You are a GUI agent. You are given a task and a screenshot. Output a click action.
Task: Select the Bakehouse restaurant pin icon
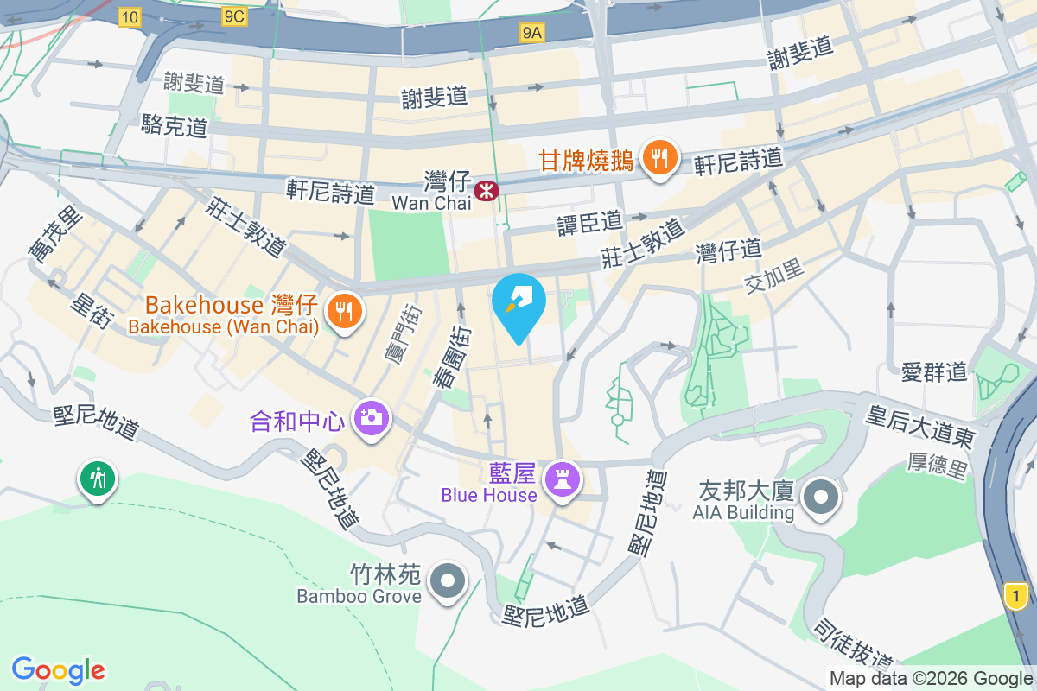(345, 311)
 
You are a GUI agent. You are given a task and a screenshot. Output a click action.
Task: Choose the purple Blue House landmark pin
(563, 480)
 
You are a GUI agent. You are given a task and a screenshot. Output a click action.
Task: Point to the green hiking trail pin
(98, 478)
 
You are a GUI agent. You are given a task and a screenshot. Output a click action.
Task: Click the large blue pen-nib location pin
(518, 304)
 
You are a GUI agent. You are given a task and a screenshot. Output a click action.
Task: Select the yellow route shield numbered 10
(130, 16)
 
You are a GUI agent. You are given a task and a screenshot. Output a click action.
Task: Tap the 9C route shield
(233, 16)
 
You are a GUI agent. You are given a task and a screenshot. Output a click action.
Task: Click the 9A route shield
(532, 33)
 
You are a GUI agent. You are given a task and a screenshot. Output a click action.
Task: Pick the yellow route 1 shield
(1018, 595)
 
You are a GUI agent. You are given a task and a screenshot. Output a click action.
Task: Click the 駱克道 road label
(175, 124)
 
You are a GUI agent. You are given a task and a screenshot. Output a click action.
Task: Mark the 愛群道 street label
(933, 372)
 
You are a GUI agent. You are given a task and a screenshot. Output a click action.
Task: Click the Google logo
(58, 669)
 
